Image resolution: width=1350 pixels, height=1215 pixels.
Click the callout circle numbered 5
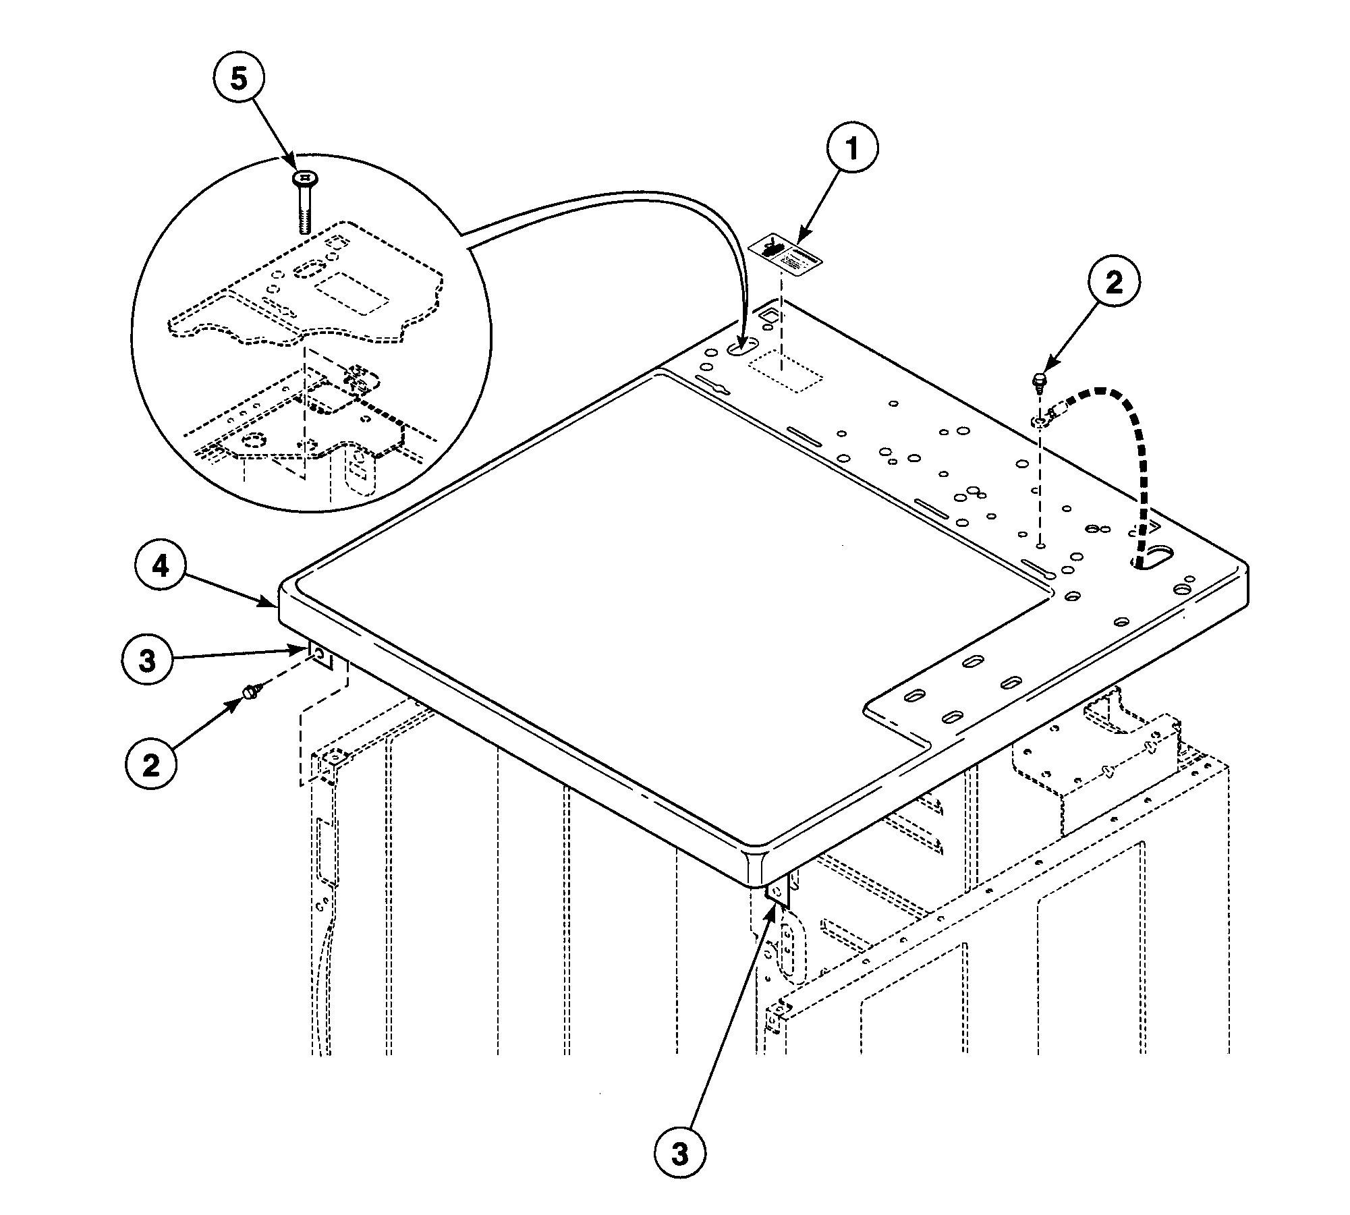click(x=239, y=80)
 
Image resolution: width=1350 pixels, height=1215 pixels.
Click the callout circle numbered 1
click(x=852, y=148)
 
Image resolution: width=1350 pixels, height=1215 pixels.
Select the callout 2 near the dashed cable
click(x=1113, y=282)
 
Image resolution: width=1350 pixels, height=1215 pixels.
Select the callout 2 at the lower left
click(x=150, y=764)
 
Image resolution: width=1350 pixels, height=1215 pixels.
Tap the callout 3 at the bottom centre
click(x=679, y=1154)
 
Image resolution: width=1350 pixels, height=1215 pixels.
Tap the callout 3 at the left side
click(x=147, y=660)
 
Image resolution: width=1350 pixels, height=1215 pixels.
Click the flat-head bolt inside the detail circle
click(x=305, y=203)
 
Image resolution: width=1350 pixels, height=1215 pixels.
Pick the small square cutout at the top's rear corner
click(x=770, y=314)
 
